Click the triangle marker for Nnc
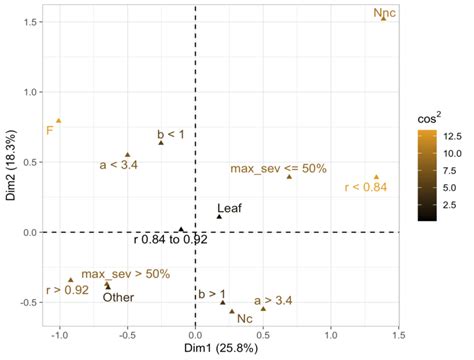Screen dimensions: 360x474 [x=383, y=20]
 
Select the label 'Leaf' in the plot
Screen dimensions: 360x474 [x=230, y=207]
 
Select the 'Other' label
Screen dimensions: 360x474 [x=118, y=296]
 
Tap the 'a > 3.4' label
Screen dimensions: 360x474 [x=273, y=299]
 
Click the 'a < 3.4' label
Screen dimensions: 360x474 [x=120, y=164]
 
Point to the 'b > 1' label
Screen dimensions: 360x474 [x=212, y=293]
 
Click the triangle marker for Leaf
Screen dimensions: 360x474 [x=220, y=217]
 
